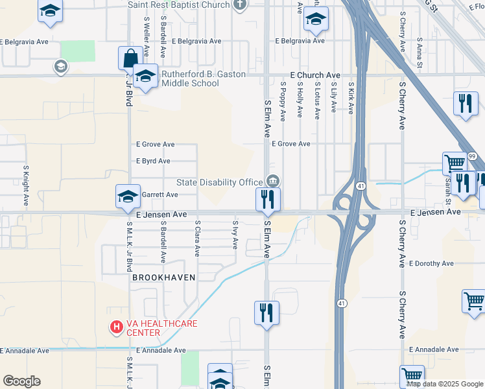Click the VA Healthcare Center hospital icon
[x=117, y=327]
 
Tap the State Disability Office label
[x=220, y=182]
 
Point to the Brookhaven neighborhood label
[x=163, y=277]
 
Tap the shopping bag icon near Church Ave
[x=130, y=58]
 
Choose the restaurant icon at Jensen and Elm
[x=268, y=200]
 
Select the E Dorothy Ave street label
[x=431, y=264]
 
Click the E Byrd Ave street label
[x=153, y=161]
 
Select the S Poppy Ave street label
[x=283, y=100]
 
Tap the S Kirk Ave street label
[x=351, y=99]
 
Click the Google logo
[x=22, y=381]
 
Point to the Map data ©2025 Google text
[x=444, y=384]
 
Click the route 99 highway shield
[x=472, y=157]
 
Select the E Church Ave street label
[x=315, y=75]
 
